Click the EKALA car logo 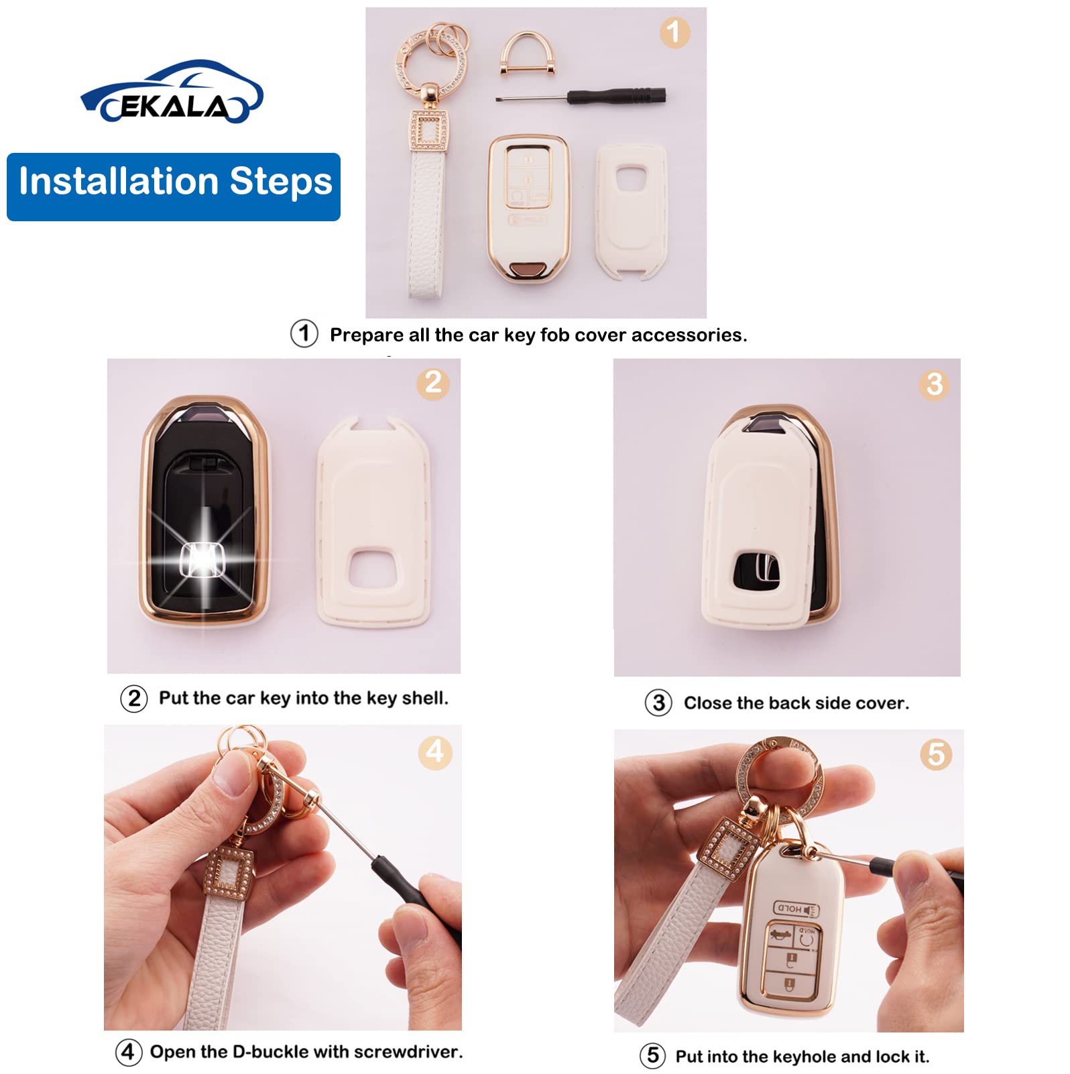tap(172, 93)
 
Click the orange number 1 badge tap(674, 32)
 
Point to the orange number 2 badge tap(433, 383)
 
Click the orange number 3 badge tap(934, 385)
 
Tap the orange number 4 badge tap(435, 752)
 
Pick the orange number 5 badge tap(936, 755)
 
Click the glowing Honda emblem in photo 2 tap(202, 559)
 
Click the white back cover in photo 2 tap(373, 523)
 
